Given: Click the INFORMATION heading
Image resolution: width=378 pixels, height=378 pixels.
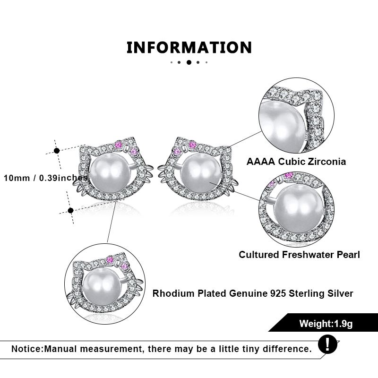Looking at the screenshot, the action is coord(189,48).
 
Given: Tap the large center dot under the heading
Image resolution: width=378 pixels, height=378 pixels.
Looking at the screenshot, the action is coord(189,62).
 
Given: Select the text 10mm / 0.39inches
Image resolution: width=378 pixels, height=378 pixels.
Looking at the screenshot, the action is coord(46,178).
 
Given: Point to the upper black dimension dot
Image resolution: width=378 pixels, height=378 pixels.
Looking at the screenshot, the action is coord(57,151).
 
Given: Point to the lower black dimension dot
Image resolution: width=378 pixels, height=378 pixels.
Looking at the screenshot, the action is coord(70,210).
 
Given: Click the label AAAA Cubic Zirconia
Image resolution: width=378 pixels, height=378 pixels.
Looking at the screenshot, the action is coord(296,162).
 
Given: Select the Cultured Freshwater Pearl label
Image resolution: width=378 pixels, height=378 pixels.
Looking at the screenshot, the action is coord(299,255).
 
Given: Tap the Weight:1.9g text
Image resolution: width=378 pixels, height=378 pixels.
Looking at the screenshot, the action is coord(326,324).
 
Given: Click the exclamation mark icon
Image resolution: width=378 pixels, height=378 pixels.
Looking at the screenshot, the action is coord(327,344).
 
